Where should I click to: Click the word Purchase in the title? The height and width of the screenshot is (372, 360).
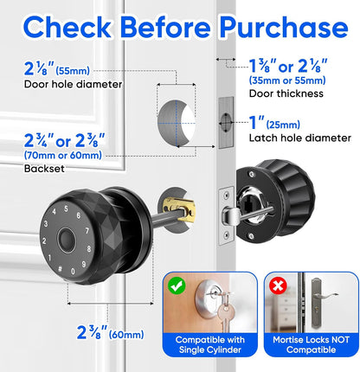[x=284, y=28]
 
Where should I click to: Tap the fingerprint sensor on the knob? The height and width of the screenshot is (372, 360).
[x=67, y=240]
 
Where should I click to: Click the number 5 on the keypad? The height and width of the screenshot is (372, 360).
[x=66, y=208]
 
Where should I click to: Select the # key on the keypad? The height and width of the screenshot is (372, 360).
[x=60, y=269]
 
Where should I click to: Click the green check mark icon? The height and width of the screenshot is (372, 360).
[x=177, y=285]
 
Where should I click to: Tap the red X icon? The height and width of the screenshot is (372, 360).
[x=278, y=285]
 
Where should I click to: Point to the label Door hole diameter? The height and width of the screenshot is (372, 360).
[x=73, y=85]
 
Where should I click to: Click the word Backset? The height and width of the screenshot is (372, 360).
[x=44, y=169]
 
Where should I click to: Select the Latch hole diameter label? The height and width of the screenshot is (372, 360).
[x=300, y=138]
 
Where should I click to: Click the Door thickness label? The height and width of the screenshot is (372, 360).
[x=286, y=93]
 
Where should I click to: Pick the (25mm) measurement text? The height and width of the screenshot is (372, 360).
[x=283, y=125]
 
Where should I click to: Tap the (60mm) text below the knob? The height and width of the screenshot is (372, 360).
[x=126, y=335]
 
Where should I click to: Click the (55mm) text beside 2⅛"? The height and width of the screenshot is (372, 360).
[x=73, y=71]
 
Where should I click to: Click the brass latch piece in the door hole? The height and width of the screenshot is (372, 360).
[x=179, y=209]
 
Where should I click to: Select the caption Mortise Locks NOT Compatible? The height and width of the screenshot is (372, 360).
[x=312, y=344]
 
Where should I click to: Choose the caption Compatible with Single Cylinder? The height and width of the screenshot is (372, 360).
[x=210, y=344]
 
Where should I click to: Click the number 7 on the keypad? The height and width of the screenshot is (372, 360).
[x=87, y=231]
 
